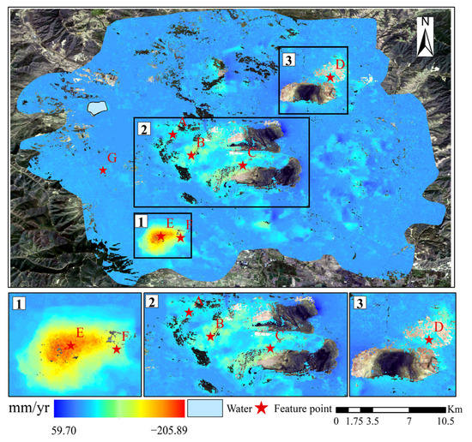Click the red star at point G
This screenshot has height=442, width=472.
[x=103, y=170]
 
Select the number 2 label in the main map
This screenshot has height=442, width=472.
[x=143, y=128]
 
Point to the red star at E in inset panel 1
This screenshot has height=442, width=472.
[x=70, y=345]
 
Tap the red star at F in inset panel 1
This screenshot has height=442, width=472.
[x=117, y=349]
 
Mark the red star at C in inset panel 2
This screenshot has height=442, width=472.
[x=271, y=347]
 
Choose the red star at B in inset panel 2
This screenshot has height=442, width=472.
[x=210, y=337]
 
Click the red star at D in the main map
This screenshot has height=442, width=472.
[x=330, y=76]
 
